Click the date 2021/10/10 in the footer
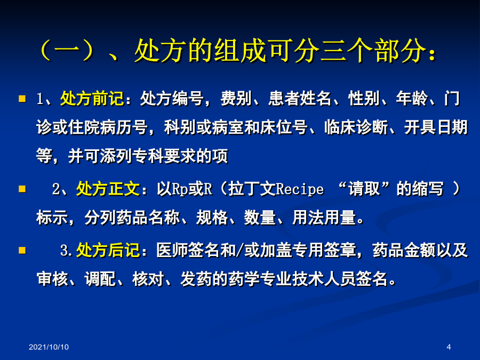49,347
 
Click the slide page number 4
449,347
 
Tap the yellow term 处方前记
92,99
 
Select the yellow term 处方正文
108,189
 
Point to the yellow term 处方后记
108,250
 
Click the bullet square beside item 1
22,99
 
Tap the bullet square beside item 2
22,189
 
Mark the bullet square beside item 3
22,251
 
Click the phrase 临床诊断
356,127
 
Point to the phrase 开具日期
436,127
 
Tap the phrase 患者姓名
300,99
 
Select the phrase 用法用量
324,218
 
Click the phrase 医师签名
188,250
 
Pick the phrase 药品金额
404,250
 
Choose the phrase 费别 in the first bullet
236,99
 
